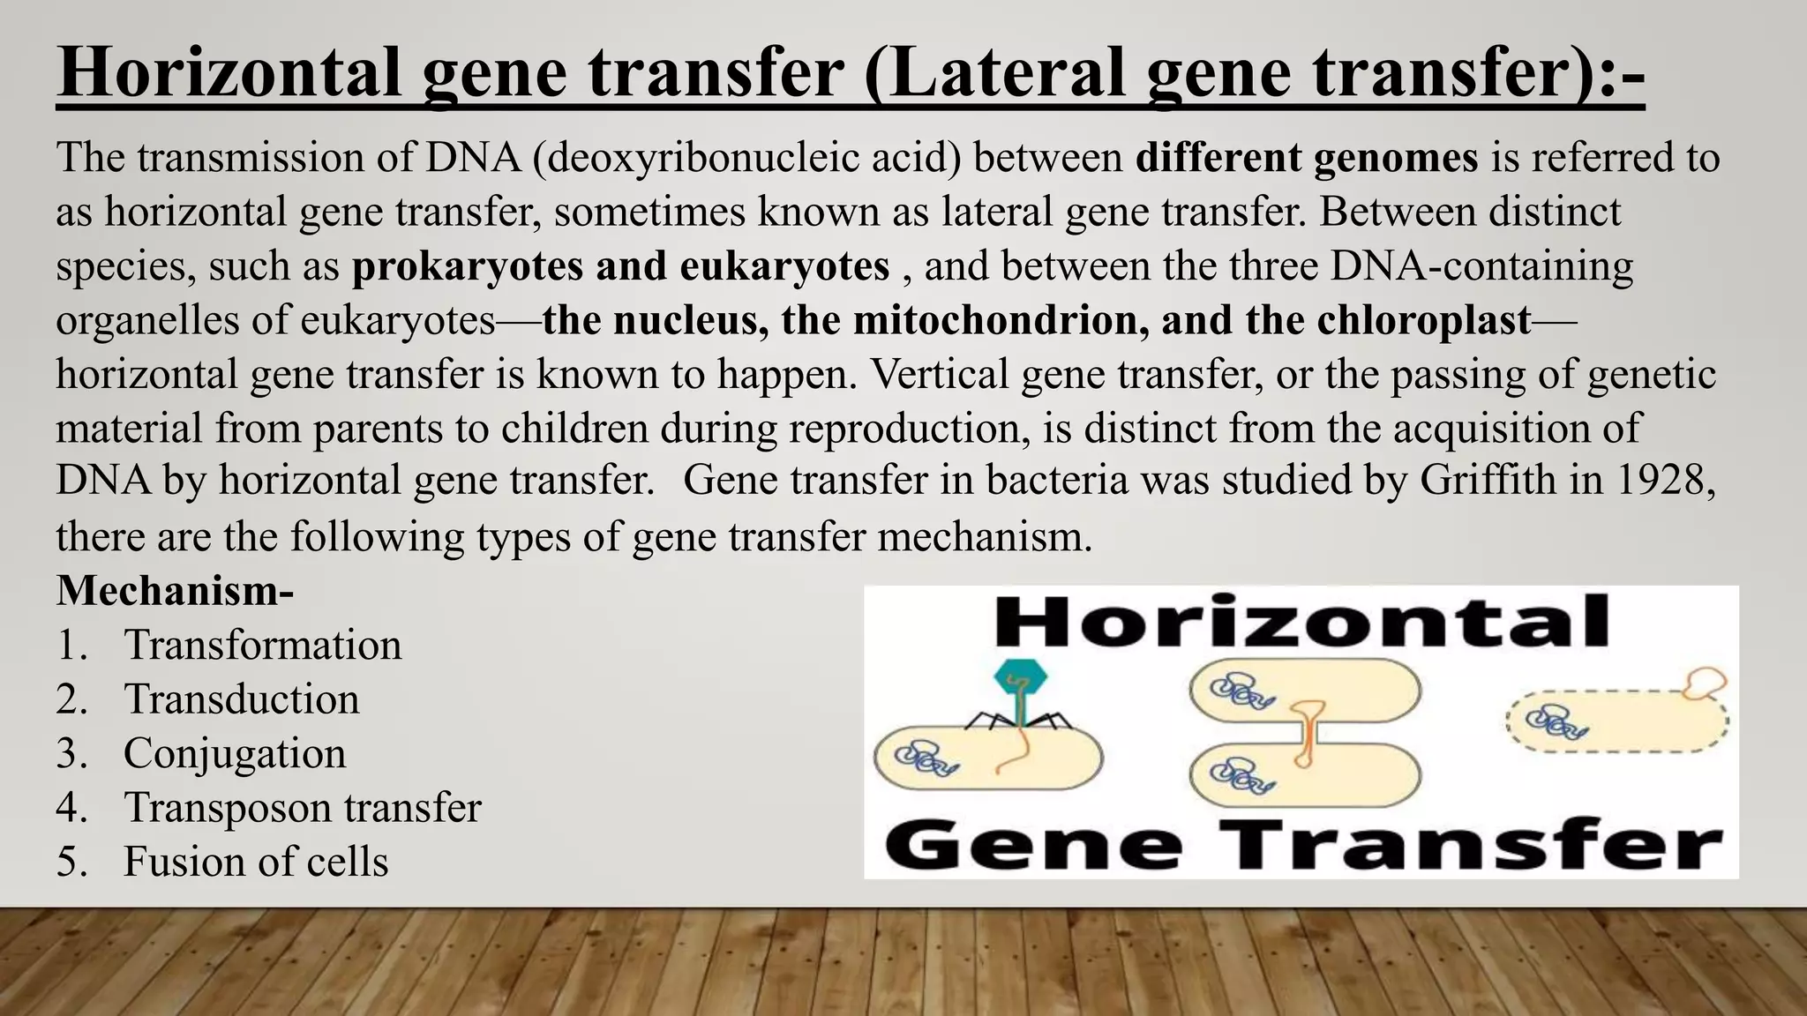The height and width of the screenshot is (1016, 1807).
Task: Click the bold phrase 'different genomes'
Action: click(1306, 159)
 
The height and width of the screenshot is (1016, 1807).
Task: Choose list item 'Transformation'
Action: click(262, 645)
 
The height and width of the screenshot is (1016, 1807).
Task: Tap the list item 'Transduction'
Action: click(241, 699)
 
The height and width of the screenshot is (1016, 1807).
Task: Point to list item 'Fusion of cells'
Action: click(255, 862)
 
